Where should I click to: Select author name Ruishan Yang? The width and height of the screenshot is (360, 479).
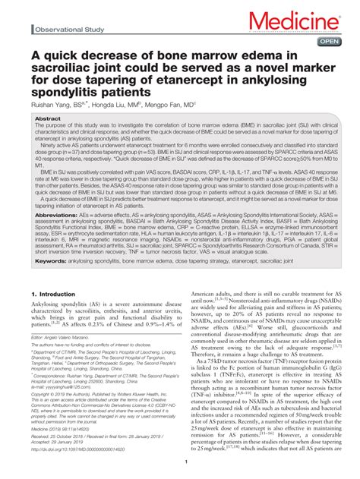(54, 107)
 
